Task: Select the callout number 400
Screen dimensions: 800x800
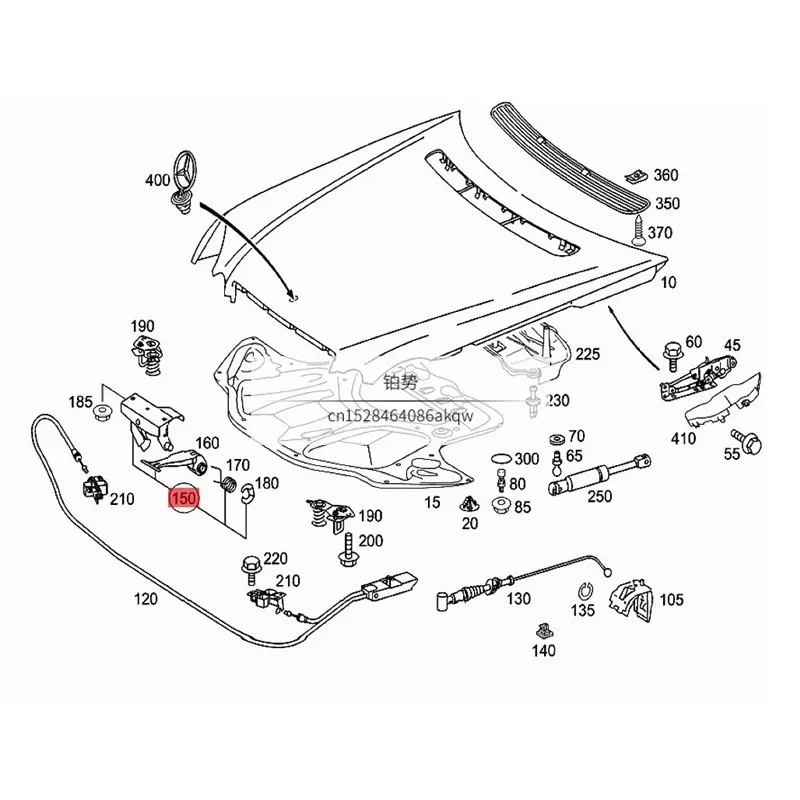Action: (x=157, y=181)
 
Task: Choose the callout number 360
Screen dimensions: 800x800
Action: (x=666, y=175)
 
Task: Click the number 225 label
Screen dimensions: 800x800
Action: (x=587, y=354)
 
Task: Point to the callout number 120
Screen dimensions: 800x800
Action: (x=146, y=600)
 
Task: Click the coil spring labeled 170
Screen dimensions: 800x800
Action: (x=227, y=486)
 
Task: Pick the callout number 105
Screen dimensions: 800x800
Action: (x=672, y=600)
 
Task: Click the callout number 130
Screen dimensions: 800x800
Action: (x=519, y=600)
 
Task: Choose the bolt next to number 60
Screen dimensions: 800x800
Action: (x=670, y=352)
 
